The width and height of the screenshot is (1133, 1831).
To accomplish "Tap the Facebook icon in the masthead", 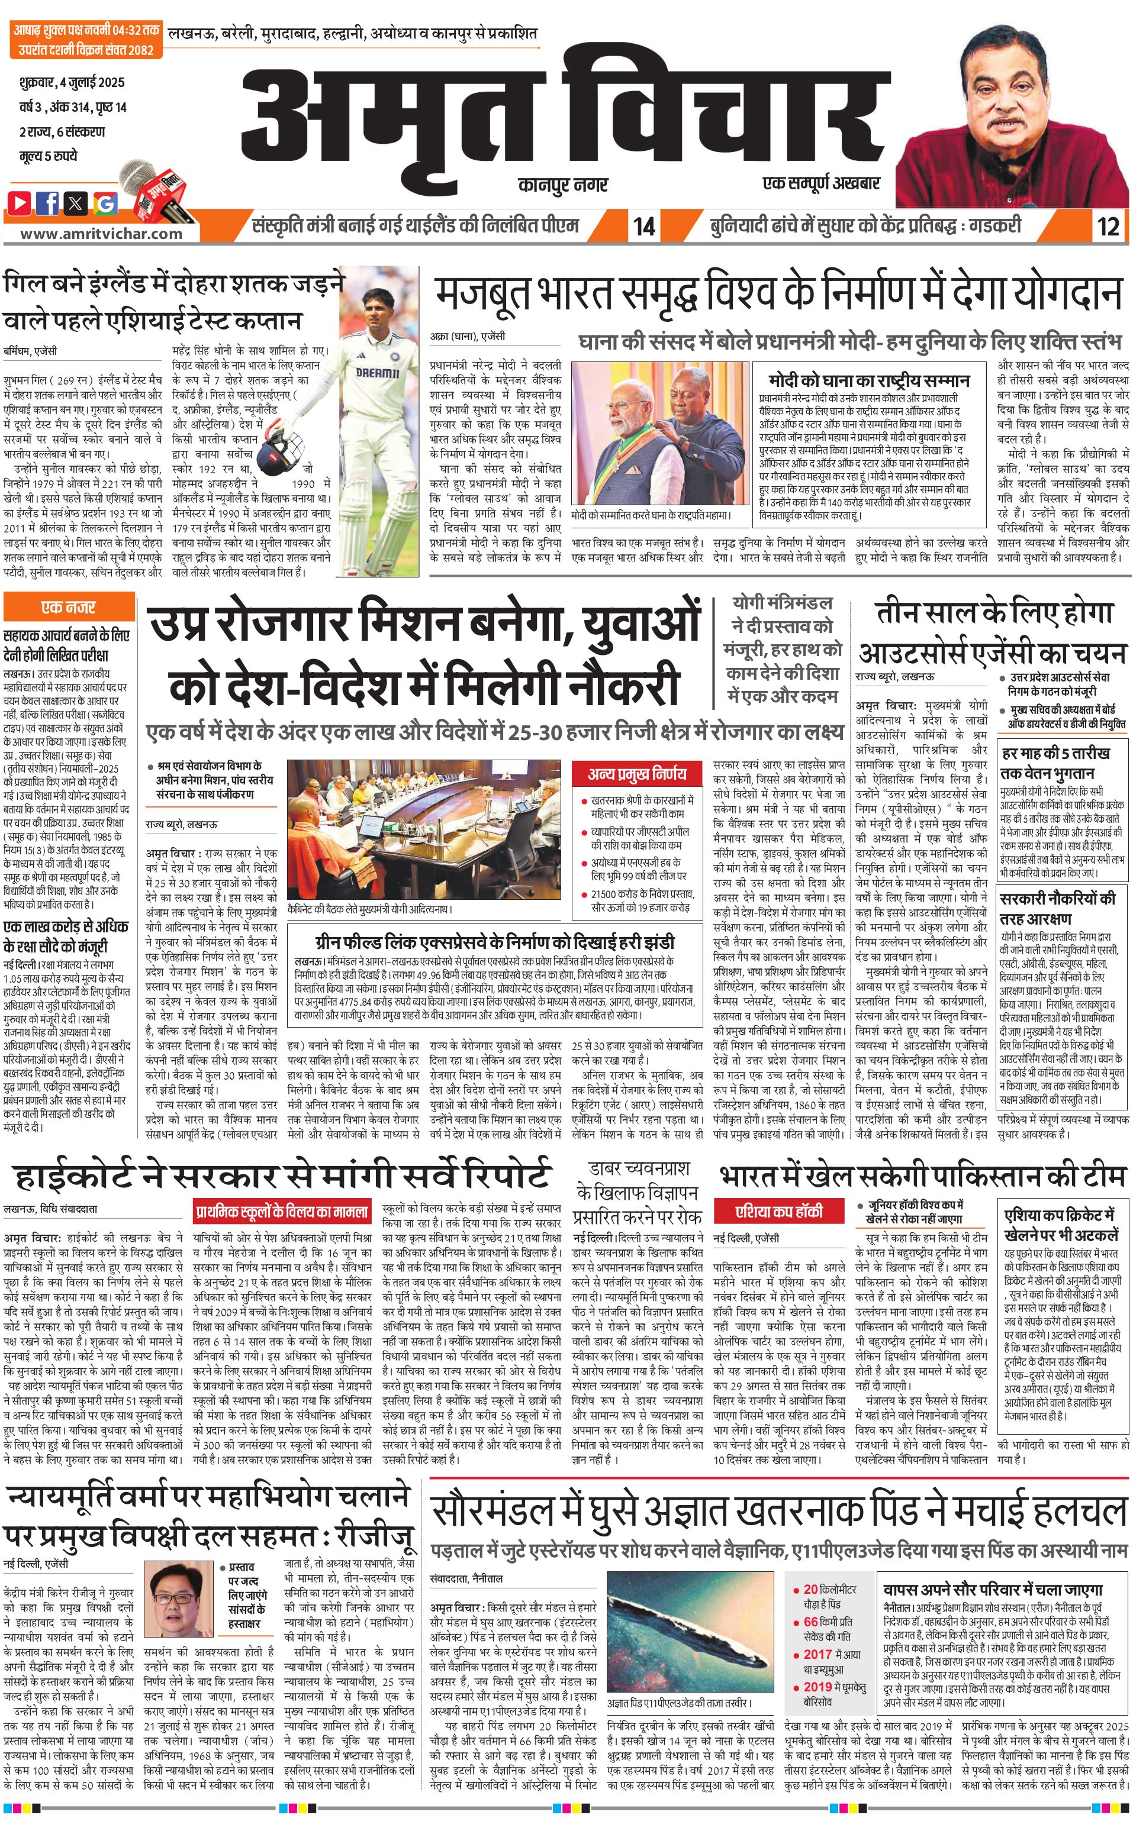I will point(49,202).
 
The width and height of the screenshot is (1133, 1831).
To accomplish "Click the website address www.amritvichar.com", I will point(101,233).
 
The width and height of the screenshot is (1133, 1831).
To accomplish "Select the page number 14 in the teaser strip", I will point(643,225).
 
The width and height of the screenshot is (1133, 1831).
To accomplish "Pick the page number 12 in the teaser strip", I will point(1108,225).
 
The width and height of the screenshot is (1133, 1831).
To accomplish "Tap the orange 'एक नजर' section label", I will point(69,606).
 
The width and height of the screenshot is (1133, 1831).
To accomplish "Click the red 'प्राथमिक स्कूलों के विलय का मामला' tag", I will point(282,1211).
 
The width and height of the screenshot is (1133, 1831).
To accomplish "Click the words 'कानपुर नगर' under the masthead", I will point(563,184).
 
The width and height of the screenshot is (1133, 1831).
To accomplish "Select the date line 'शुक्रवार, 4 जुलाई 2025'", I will point(72,82).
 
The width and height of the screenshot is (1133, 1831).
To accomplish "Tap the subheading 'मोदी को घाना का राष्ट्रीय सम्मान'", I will point(868,380).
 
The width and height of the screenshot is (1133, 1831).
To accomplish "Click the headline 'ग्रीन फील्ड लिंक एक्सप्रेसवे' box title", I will point(494,942).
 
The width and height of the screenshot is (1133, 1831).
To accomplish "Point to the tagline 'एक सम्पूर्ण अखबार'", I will point(820,183).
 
